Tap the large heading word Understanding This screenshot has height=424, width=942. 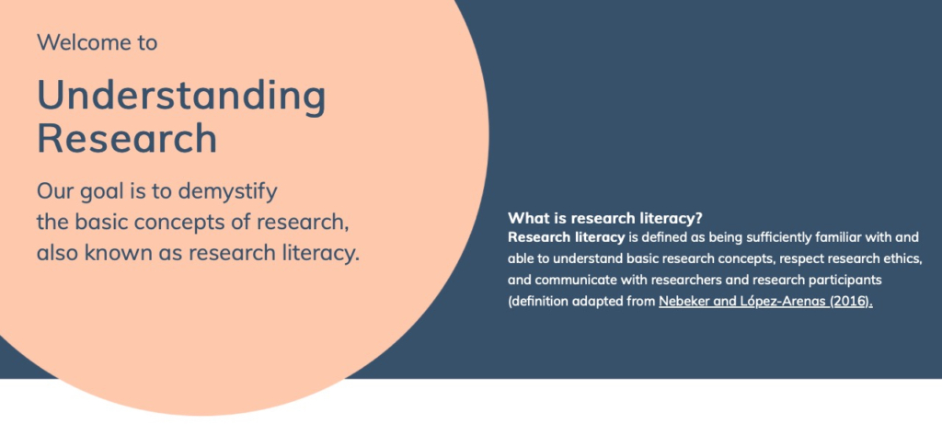pyautogui.click(x=181, y=96)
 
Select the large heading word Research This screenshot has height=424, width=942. pyautogui.click(x=127, y=139)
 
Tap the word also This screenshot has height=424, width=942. pyautogui.click(x=58, y=253)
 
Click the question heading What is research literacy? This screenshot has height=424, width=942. pyautogui.click(x=605, y=218)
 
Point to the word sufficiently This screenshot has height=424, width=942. pyautogui.click(x=785, y=237)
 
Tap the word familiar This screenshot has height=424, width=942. pyautogui.click(x=850, y=237)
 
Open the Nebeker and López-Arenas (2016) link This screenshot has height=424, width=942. pyautogui.click(x=765, y=301)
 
